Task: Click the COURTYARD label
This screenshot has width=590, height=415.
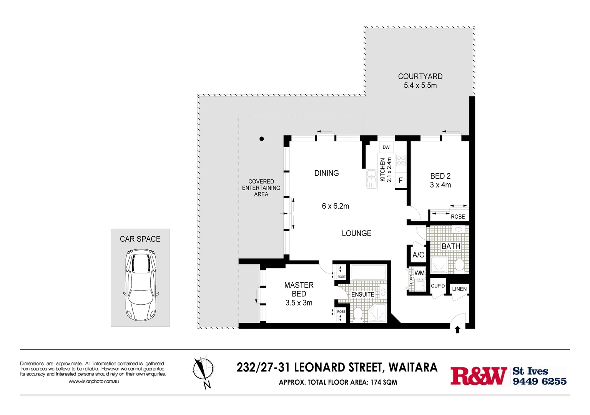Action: point(420,76)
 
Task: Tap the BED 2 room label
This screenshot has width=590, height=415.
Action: point(440,176)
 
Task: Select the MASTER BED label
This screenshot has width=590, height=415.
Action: point(299,289)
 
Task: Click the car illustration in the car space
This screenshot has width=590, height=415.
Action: point(140,285)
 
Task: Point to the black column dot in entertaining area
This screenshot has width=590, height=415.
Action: point(262,139)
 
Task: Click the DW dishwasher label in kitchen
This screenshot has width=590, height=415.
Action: point(386,147)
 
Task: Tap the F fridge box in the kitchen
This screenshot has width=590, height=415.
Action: point(401,180)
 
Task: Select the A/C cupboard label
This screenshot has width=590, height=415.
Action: point(418,255)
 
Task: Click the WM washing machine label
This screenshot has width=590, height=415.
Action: point(419,273)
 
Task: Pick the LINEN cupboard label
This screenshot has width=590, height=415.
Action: point(459,289)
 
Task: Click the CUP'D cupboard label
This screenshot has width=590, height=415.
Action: point(438,286)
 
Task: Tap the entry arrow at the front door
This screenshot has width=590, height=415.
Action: point(457,330)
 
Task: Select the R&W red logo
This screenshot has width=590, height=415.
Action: point(479,376)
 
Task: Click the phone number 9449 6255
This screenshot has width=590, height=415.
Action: point(540,382)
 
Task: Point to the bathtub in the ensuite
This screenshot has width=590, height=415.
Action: point(369,273)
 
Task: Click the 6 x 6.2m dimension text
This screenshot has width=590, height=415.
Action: point(335,206)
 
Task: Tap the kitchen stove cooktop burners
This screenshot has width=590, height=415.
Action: point(401,161)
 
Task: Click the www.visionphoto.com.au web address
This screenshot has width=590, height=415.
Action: point(93,382)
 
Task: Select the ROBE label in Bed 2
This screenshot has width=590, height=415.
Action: point(458,217)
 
